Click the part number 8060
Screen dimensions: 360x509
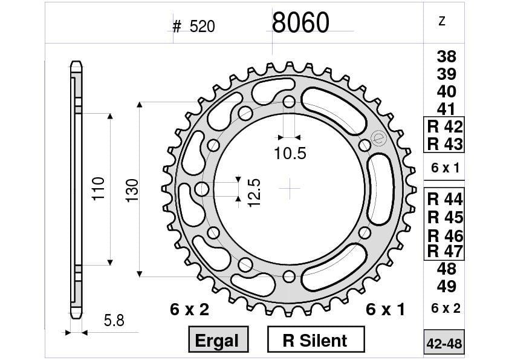(300, 23)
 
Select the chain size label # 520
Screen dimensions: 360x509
(193, 27)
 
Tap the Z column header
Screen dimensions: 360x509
(442, 21)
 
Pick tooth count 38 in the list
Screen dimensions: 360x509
(446, 57)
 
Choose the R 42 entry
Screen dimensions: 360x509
(444, 127)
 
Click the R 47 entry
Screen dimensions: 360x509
(444, 250)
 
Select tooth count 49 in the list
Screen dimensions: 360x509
(446, 286)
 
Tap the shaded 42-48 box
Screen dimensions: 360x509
(444, 344)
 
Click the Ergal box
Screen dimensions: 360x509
(217, 340)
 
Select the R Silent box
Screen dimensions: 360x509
(315, 340)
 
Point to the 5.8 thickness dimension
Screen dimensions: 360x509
(113, 321)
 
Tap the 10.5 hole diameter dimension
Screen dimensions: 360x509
(290, 154)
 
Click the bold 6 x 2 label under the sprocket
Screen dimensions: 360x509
(189, 310)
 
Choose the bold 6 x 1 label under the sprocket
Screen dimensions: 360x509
(386, 310)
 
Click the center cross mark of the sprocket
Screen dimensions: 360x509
(290, 189)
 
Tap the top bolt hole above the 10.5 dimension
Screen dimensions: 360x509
(290, 101)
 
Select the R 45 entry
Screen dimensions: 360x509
(444, 217)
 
